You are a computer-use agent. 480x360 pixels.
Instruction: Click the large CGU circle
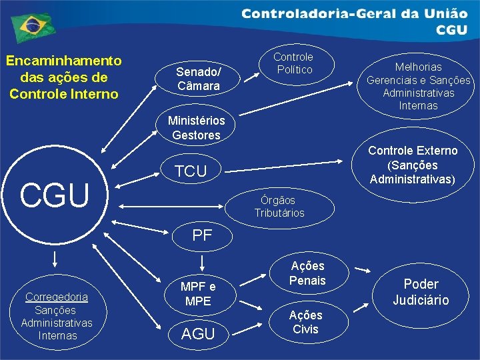tap(55, 195)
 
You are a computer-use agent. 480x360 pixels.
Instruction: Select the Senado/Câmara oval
tap(199, 79)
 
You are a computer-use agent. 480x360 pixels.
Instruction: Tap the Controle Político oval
tap(293, 63)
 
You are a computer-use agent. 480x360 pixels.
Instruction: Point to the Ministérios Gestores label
tap(196, 128)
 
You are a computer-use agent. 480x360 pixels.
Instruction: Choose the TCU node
tap(191, 171)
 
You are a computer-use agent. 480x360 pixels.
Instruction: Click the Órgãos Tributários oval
tap(279, 207)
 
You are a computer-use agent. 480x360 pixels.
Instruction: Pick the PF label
tap(202, 235)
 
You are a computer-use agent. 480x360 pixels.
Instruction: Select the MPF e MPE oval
tap(198, 293)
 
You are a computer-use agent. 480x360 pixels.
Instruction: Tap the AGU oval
tap(197, 334)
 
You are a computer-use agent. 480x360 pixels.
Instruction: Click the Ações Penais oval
tap(307, 273)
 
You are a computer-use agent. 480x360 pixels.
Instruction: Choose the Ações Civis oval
tap(305, 322)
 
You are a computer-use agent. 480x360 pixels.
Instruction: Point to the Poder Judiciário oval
tap(421, 292)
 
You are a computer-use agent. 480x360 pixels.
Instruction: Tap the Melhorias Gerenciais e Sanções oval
tap(418, 86)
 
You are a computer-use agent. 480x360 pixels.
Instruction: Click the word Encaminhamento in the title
tap(64, 61)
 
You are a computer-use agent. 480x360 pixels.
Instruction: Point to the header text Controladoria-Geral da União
tap(354, 13)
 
